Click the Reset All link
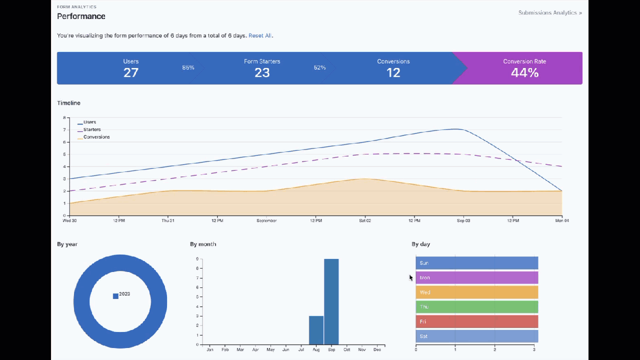pyautogui.click(x=260, y=35)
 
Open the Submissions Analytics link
pyautogui.click(x=550, y=12)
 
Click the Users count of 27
pyautogui.click(x=131, y=72)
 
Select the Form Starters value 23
pyautogui.click(x=262, y=72)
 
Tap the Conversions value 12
pyautogui.click(x=393, y=72)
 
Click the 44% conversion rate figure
pyautogui.click(x=524, y=72)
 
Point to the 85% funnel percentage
pyautogui.click(x=188, y=67)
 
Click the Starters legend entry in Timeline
pyautogui.click(x=91, y=129)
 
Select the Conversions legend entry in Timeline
pyautogui.click(x=96, y=137)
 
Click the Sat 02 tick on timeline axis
pyautogui.click(x=365, y=220)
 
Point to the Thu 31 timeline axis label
pyautogui.click(x=168, y=220)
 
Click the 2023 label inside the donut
pyautogui.click(x=124, y=294)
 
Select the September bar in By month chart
pyautogui.click(x=331, y=301)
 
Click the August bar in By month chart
pyautogui.click(x=316, y=330)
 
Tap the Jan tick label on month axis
pyautogui.click(x=210, y=349)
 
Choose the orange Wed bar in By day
pyautogui.click(x=476, y=292)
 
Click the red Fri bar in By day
pyautogui.click(x=476, y=321)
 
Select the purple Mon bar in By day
pyautogui.click(x=476, y=277)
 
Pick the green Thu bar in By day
pyautogui.click(x=476, y=306)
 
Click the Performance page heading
pyautogui.click(x=81, y=16)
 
